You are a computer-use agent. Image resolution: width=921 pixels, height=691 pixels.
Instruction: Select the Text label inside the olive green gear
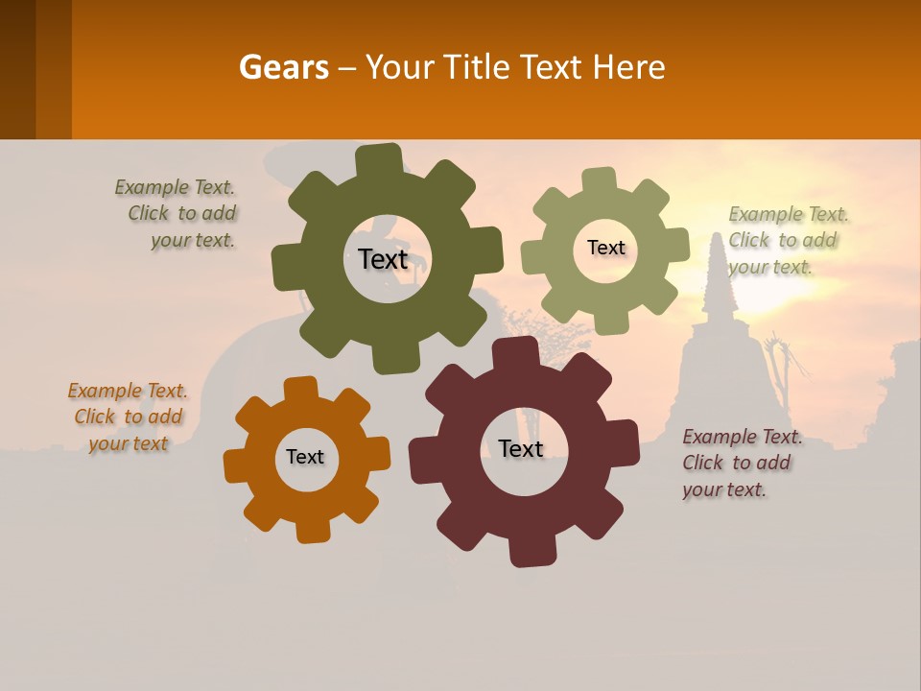coord(383,259)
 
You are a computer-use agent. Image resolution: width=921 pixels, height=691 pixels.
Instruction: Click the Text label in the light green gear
coord(605,248)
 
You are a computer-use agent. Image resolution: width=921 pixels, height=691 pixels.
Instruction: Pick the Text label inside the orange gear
coord(305,457)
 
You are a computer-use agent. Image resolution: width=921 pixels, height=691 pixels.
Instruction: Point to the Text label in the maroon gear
coord(521,448)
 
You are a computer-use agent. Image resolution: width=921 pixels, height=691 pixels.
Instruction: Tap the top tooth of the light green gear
coord(599,180)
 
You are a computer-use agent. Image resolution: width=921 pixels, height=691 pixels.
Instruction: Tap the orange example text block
coord(128,417)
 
